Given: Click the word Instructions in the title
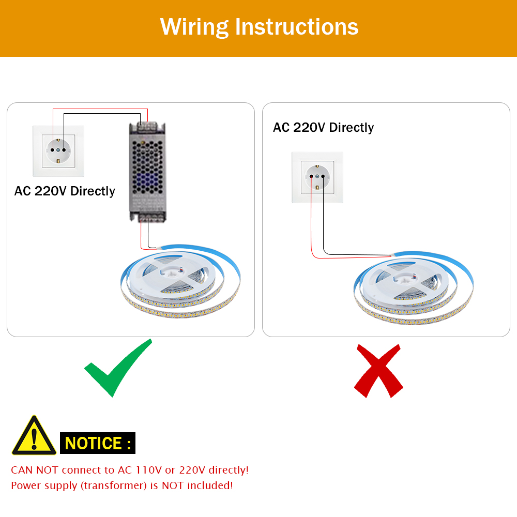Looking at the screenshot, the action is pyautogui.click(x=297, y=27).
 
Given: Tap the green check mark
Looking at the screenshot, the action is pyautogui.click(x=118, y=368).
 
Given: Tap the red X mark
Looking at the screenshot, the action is pyautogui.click(x=378, y=371).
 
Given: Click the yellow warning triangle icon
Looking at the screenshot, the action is pyautogui.click(x=34, y=436).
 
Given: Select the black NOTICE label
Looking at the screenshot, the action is pyautogui.click(x=98, y=443).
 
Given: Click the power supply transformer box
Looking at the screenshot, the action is pyautogui.click(x=147, y=172).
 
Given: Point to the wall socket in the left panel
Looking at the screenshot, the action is pyautogui.click(x=58, y=151).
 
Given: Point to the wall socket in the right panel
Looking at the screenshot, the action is pyautogui.click(x=317, y=177).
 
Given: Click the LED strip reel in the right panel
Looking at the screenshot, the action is pyautogui.click(x=414, y=288).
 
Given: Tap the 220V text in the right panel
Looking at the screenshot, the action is pyautogui.click(x=309, y=127).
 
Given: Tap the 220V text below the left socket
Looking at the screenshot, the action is pyautogui.click(x=51, y=191).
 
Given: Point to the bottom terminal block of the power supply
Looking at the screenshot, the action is pyautogui.click(x=150, y=217).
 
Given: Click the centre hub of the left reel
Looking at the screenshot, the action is pyautogui.click(x=172, y=272).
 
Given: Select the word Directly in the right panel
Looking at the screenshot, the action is pyautogui.click(x=352, y=128).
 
